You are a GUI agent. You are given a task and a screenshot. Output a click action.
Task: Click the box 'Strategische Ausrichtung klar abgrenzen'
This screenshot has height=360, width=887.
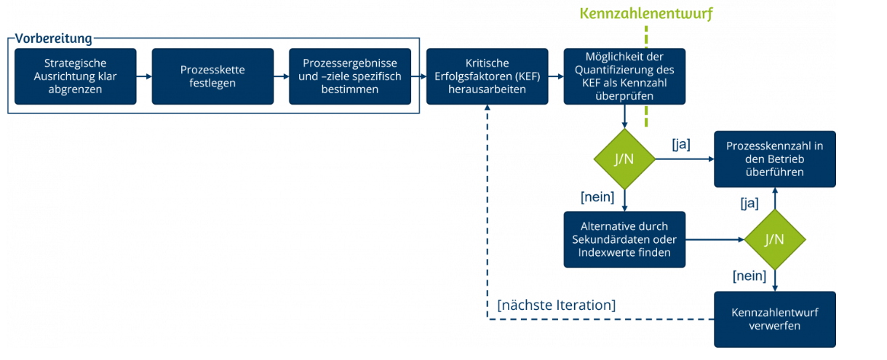76,76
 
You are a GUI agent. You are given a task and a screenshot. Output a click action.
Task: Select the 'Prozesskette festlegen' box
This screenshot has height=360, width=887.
212,76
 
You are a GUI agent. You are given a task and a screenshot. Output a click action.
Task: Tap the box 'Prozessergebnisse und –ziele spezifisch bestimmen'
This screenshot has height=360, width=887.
349,76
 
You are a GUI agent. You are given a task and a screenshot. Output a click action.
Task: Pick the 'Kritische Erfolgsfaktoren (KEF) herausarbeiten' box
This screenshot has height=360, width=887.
487,76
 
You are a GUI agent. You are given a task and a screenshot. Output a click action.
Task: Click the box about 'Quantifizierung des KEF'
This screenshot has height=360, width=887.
624,76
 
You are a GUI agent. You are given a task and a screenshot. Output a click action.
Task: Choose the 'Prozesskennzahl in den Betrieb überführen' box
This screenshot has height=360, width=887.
774,159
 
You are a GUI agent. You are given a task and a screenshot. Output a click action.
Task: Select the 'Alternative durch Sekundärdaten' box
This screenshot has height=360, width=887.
624,239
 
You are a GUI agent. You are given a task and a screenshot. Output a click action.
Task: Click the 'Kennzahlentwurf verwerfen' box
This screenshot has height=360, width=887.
774,319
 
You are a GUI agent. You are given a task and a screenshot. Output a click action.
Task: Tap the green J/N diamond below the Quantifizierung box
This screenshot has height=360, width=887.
624,159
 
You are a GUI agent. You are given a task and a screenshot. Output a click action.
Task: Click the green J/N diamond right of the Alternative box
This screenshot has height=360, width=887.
774,239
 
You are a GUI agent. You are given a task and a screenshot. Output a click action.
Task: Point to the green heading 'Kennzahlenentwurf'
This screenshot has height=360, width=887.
646,13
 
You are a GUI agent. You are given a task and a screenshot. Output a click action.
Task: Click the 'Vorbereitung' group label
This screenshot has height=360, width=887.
54,38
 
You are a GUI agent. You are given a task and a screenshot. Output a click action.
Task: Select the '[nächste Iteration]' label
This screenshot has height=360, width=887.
556,305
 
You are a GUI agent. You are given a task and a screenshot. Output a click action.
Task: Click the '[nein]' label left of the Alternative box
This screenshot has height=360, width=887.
597,196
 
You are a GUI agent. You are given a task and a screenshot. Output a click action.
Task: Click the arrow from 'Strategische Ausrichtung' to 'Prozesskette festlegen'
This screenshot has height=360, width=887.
144,76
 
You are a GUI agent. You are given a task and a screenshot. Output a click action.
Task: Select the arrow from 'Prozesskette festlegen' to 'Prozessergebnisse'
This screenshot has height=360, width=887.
281,76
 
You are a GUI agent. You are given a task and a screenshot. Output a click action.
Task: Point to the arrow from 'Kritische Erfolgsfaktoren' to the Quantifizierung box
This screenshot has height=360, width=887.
555,76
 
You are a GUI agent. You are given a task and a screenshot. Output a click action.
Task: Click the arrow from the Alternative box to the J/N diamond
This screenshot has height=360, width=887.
714,239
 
